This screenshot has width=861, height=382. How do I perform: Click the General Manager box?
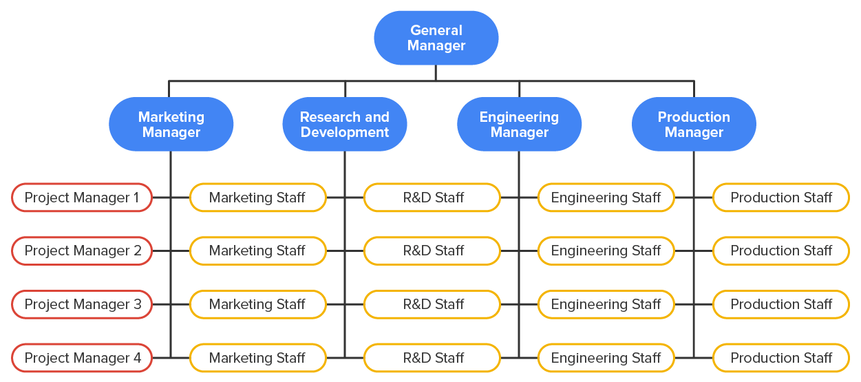(436, 38)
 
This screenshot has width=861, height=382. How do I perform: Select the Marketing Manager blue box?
(171, 125)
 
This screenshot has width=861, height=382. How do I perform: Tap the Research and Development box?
(344, 125)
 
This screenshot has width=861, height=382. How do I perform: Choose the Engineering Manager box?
(519, 125)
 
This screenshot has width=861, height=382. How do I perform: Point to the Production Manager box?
(694, 125)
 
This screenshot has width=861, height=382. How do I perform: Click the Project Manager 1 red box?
(82, 198)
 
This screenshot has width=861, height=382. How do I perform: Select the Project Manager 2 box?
(82, 251)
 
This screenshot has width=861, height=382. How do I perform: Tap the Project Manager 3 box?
(82, 304)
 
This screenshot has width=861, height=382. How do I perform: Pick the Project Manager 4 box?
(82, 358)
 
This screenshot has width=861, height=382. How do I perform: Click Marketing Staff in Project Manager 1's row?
(257, 198)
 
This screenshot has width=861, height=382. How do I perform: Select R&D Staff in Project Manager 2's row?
(432, 251)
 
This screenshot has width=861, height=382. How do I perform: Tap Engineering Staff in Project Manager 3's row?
(606, 304)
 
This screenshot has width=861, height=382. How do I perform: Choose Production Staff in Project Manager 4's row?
(780, 358)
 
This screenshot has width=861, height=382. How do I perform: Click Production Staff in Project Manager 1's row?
(780, 198)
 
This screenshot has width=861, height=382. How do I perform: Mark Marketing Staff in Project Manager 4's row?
(257, 358)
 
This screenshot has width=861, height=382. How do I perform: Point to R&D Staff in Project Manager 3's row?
(432, 304)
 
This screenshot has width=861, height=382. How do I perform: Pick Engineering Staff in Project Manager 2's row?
(606, 251)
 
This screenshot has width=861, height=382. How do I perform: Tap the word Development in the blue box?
(344, 132)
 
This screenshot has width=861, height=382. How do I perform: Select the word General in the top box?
(436, 30)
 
